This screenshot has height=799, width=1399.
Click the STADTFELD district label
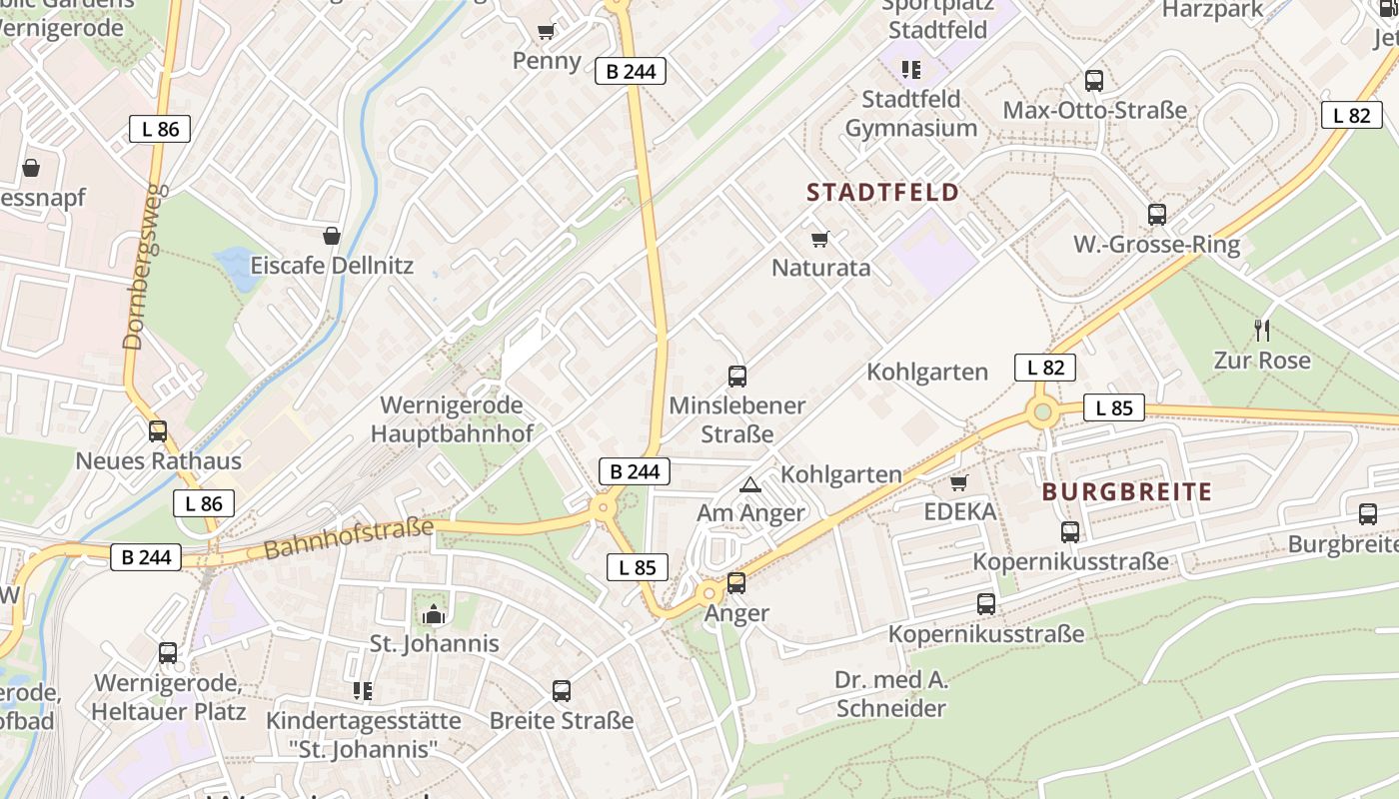[882, 192]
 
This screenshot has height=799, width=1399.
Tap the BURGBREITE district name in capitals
[1127, 491]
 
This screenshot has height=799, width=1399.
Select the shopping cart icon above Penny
[546, 32]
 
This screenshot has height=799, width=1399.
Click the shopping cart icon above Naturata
[820, 239]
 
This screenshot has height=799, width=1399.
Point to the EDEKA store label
[960, 512]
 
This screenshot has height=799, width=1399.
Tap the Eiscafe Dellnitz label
[332, 267]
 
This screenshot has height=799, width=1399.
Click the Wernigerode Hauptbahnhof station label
[452, 419]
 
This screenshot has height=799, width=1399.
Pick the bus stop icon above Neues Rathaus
[158, 431]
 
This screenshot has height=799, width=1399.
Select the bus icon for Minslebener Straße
[737, 377]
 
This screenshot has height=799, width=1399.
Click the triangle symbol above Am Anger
[749, 485]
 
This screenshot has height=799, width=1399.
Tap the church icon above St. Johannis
[434, 613]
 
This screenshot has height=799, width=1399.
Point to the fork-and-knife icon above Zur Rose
[1262, 330]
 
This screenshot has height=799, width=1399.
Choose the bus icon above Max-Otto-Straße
[1094, 81]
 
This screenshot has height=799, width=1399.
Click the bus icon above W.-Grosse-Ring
[1157, 214]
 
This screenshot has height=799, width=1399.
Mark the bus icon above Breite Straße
[562, 690]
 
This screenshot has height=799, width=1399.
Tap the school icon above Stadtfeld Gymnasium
[910, 69]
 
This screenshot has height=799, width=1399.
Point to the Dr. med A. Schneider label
[890, 694]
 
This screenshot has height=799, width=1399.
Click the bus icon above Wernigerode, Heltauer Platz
[168, 653]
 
